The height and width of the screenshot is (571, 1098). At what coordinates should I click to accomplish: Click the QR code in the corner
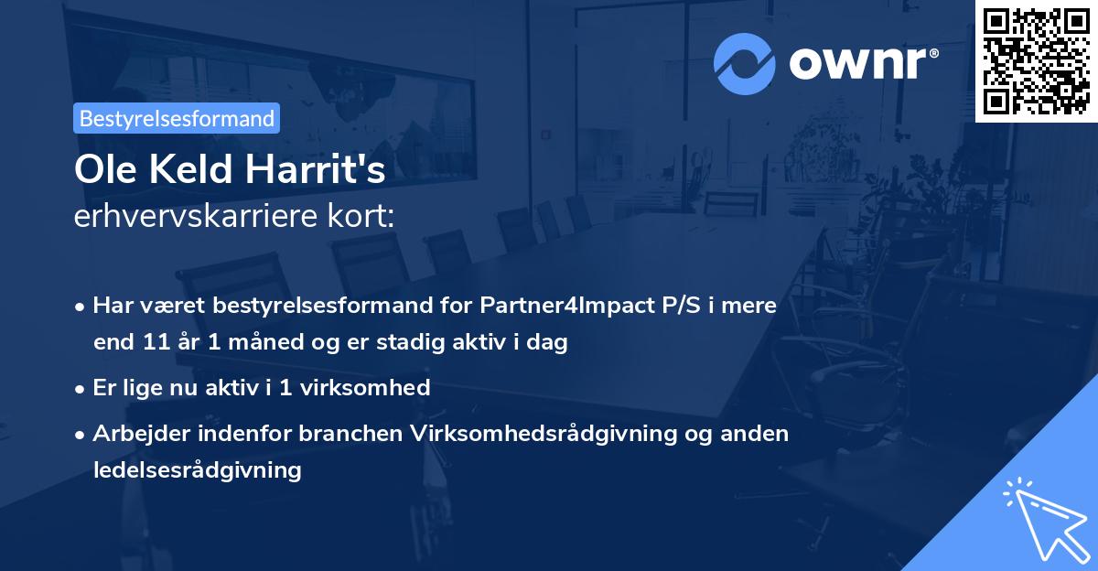coord(1036,61)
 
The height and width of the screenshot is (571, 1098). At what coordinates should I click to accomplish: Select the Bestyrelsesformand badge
coord(177,118)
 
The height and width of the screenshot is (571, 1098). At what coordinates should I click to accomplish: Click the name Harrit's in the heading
coord(327,170)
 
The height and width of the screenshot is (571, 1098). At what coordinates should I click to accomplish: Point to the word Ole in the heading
coord(101,170)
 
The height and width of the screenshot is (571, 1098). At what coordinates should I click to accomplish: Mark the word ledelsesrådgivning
coord(197,470)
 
